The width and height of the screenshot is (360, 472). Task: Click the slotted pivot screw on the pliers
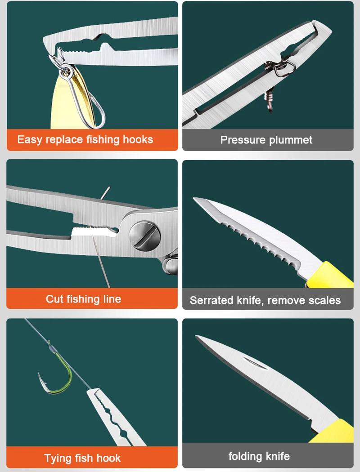(x=144, y=236)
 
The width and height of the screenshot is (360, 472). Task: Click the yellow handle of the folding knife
(x=334, y=431)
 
